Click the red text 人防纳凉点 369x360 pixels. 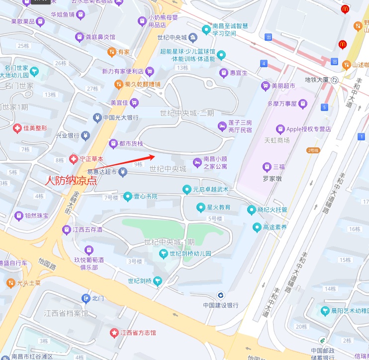pos(71,181)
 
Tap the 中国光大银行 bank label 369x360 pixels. pos(120,118)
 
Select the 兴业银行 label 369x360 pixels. pos(67,135)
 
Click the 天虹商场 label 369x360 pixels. pos(277,140)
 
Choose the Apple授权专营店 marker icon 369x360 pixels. pos(280,129)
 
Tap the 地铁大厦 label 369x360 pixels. pos(317,80)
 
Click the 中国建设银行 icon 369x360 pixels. pos(221,295)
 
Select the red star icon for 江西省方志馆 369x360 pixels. pos(114,332)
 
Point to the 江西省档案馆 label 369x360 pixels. pos(66,313)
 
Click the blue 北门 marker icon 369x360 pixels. pos(86,298)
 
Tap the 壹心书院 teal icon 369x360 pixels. pos(128,196)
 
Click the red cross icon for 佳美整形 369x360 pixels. pos(17,128)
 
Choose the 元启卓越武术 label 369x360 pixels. pos(211,189)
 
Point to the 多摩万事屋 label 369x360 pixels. pos(282,104)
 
